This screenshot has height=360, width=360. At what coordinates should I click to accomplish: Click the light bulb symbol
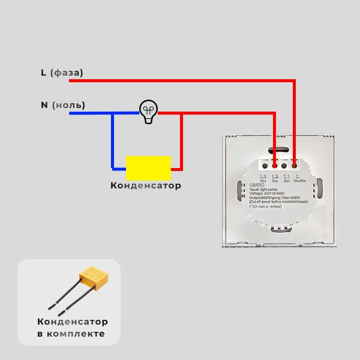coord(148,111)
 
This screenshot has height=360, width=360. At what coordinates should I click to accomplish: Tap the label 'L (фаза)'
coord(62,73)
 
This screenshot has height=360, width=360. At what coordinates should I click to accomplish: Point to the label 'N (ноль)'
coord(62,105)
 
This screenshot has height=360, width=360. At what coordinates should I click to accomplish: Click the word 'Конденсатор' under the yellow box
coord(145,185)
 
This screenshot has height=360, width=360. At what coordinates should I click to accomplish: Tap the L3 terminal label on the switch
coord(263,177)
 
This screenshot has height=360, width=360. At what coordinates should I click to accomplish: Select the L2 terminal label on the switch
coord(275,177)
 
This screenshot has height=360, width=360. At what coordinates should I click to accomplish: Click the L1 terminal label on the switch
coord(286,177)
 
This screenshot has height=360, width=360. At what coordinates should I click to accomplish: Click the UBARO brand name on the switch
coord(256,185)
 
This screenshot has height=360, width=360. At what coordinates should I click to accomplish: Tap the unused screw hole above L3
coord(264,165)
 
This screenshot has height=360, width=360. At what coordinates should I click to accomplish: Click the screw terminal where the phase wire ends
coord(295,165)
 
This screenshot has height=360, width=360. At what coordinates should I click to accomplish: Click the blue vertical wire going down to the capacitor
coord(112,141)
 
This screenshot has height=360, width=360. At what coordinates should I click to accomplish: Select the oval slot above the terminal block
coord(278,149)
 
